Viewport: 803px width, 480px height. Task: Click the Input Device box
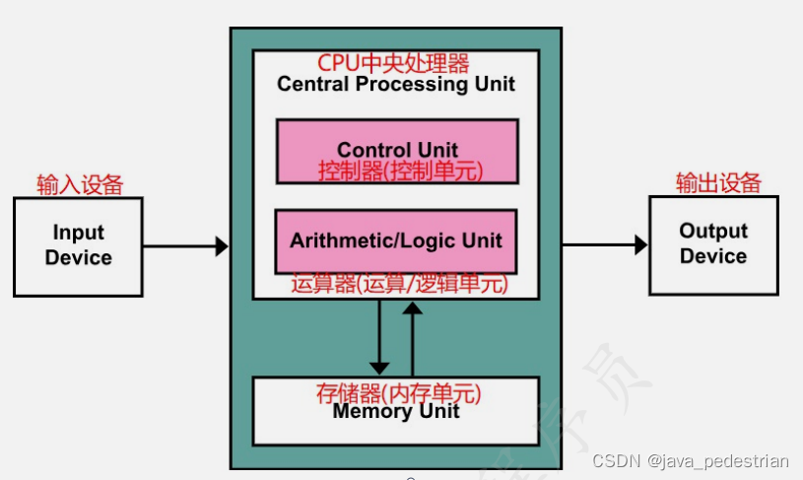click(78, 245)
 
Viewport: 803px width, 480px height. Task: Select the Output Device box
click(713, 243)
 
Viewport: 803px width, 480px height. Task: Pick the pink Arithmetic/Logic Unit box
click(395, 240)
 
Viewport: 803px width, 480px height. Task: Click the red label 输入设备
click(80, 184)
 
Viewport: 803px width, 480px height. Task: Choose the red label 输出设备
click(718, 182)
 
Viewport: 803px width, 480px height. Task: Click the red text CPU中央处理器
click(393, 64)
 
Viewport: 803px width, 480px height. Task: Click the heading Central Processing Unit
click(396, 84)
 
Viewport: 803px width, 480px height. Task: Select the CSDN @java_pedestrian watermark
click(691, 461)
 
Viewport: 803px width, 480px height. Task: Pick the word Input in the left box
click(78, 233)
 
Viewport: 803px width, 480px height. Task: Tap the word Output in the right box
click(713, 231)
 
